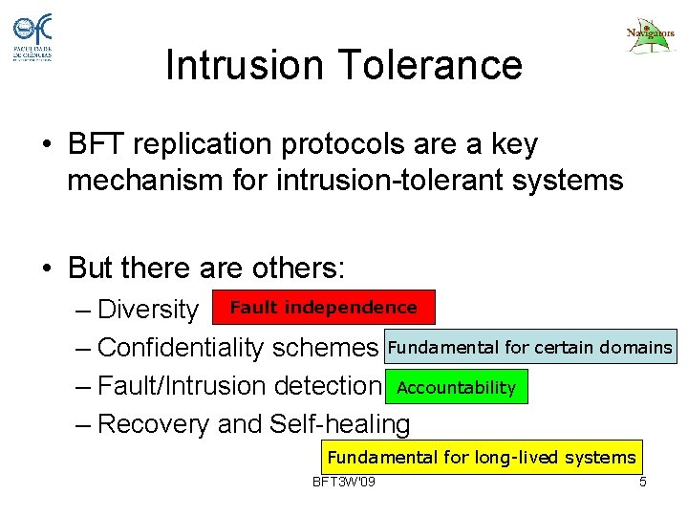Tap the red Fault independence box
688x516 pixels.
pos(323,308)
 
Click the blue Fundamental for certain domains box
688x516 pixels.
pos(529,347)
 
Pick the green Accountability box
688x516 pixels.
pos(456,387)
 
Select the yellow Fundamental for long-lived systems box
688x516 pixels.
pos(481,457)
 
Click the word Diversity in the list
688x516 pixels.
pos(147,310)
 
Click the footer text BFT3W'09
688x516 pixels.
pos(344,482)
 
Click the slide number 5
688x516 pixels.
pos(643,482)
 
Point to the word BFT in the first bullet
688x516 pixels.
pos(94,145)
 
